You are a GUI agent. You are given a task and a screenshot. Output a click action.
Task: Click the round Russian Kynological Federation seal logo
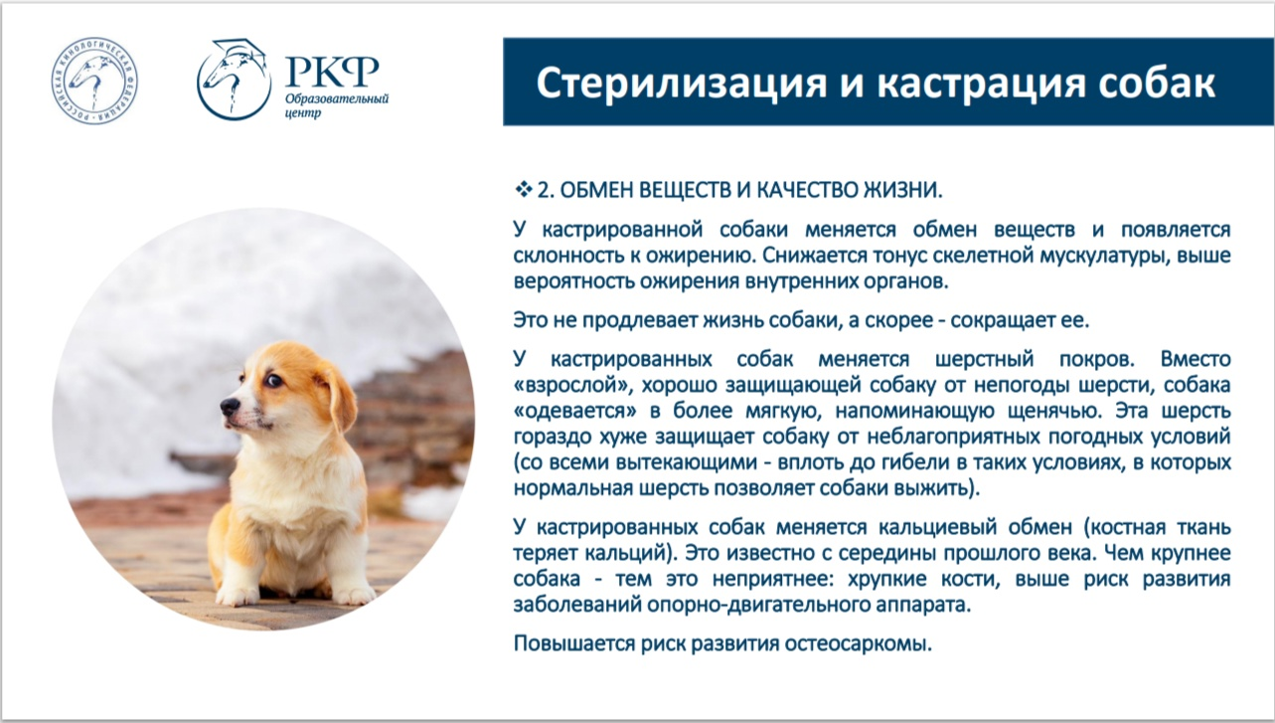(x=94, y=81)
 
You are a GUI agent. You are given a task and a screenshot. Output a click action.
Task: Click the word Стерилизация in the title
(x=682, y=84)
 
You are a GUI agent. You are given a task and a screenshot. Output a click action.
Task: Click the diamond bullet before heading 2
(x=523, y=189)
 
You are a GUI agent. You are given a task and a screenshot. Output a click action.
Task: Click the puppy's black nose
(x=230, y=406)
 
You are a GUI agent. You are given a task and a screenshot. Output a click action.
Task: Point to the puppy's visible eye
(x=274, y=380)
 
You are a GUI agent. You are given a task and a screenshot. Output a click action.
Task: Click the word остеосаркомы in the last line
(x=859, y=643)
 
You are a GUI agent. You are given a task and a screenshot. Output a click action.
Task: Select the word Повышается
(x=573, y=643)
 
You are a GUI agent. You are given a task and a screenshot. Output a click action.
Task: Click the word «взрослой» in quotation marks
(x=573, y=386)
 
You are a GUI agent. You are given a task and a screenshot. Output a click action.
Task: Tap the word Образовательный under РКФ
(x=337, y=99)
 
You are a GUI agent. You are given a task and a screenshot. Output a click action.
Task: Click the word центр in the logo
(x=303, y=112)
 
